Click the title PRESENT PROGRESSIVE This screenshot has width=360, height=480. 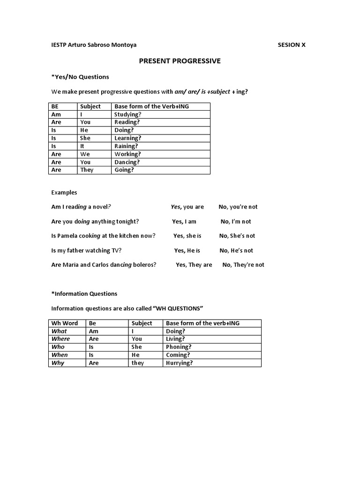[180, 61]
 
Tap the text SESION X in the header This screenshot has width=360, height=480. [292, 45]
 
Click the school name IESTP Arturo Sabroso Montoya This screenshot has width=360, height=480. [94, 45]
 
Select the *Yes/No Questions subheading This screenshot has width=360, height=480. [80, 77]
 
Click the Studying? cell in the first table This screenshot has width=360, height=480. [127, 114]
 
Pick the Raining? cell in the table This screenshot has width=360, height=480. [126, 146]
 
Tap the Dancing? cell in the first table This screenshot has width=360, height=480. [127, 162]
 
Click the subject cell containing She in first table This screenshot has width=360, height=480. [85, 138]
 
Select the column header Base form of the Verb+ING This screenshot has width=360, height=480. [151, 106]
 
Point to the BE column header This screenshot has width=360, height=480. [55, 106]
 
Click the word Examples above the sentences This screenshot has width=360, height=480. [64, 193]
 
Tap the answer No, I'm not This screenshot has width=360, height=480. [236, 222]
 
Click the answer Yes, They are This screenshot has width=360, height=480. [194, 265]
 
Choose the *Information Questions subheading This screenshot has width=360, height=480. [84, 294]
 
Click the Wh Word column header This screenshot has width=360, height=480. [65, 323]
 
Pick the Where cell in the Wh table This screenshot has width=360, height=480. [60, 339]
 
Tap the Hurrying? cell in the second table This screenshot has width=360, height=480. [180, 363]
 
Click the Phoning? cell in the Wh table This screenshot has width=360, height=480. [179, 347]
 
